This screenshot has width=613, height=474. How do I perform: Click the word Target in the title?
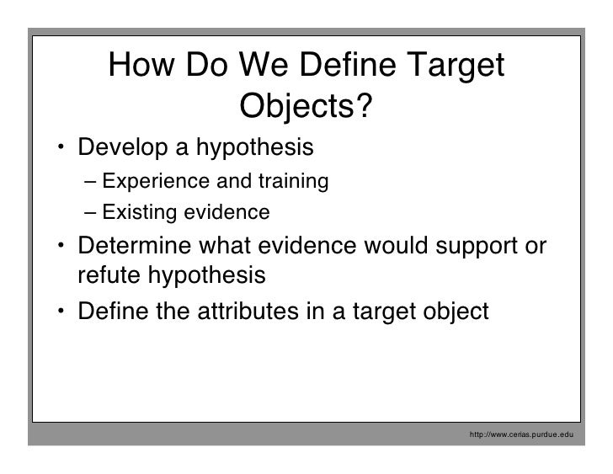coord(450,65)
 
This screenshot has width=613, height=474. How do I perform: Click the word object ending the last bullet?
coord(456,311)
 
